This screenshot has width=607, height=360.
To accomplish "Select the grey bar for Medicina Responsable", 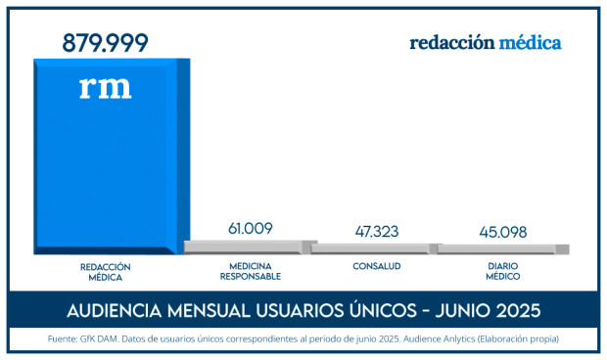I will click(x=250, y=246).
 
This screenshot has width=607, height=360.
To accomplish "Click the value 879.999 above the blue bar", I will click(x=106, y=43).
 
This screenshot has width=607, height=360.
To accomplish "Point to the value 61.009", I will click(x=250, y=228).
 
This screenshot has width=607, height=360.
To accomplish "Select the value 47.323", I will click(x=377, y=232).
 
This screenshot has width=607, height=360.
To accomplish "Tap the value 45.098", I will click(x=503, y=232).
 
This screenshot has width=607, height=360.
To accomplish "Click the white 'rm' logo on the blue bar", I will click(x=105, y=87).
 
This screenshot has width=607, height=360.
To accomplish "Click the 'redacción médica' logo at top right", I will click(x=486, y=43).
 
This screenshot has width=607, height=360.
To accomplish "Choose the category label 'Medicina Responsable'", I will click(x=250, y=271).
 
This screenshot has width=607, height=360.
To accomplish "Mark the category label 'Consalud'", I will click(x=377, y=266).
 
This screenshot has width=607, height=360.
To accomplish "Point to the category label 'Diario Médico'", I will click(x=503, y=271).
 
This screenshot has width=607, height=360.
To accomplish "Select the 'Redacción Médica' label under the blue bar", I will click(x=106, y=271).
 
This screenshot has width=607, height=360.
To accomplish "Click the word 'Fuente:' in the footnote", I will click(x=64, y=339).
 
